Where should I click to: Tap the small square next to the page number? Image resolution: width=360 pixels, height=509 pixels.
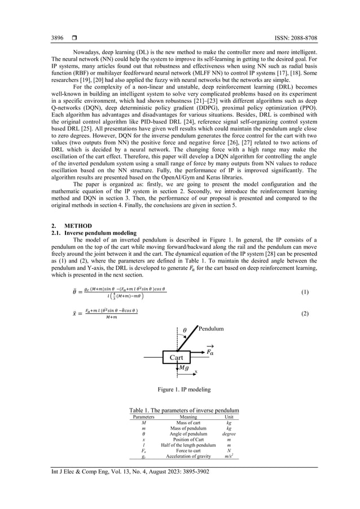coord(74,38)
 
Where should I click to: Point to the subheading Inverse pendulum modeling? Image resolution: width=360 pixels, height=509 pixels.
coord(100,232)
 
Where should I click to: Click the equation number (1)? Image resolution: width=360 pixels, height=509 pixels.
coord(305,292)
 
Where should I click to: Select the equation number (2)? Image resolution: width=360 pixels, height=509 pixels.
coord(305,314)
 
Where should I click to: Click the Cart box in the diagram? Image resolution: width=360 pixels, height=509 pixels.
coord(173,357)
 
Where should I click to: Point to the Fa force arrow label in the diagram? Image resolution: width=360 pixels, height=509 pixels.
coord(209,351)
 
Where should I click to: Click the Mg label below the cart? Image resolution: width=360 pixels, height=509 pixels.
coord(184,368)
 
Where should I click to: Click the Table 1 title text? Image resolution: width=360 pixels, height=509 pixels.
coord(184,410)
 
